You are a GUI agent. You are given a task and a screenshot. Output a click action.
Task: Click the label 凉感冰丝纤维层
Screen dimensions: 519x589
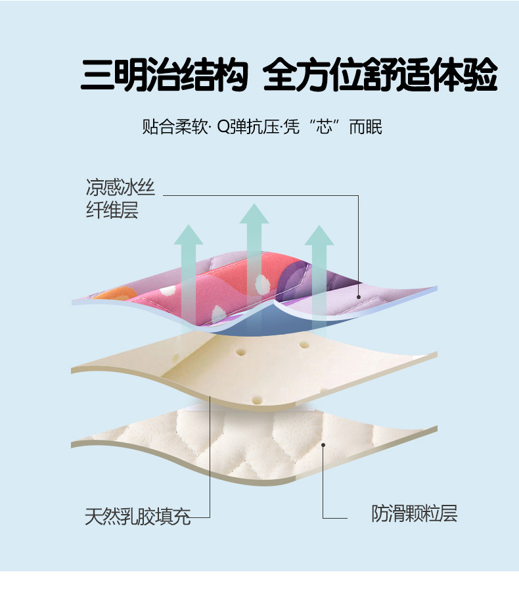[x=120, y=199]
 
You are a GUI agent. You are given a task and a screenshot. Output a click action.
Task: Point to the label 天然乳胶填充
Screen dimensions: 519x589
[x=137, y=516]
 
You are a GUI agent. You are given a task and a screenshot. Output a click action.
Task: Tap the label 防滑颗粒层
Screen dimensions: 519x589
[x=414, y=513]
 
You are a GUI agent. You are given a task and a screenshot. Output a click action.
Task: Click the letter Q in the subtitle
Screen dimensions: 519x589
[x=222, y=127]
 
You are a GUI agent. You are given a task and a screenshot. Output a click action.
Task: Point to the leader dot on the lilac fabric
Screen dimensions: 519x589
[x=359, y=297]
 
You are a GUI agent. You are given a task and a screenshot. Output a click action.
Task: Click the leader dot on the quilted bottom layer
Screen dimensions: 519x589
[x=323, y=445]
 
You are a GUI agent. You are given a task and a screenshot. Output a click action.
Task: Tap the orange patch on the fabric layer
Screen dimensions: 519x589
[x=108, y=293]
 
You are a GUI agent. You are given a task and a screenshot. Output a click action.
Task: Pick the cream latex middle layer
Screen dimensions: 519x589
[x=263, y=368]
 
